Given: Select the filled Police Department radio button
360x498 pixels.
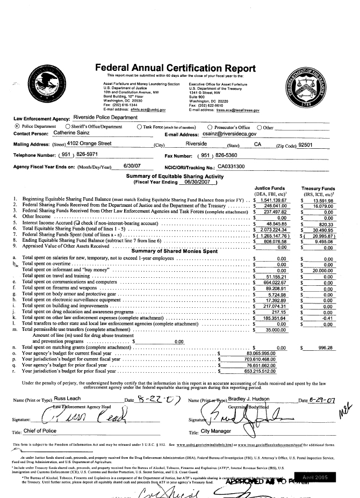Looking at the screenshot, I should pyautogui.click(x=17, y=127).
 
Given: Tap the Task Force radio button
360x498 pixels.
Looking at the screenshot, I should pyautogui.click(x=140, y=127).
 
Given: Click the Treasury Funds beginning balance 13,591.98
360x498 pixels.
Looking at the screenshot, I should pyautogui.click(x=323, y=200).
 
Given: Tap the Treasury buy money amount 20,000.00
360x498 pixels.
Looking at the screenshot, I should pyautogui.click(x=323, y=270).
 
